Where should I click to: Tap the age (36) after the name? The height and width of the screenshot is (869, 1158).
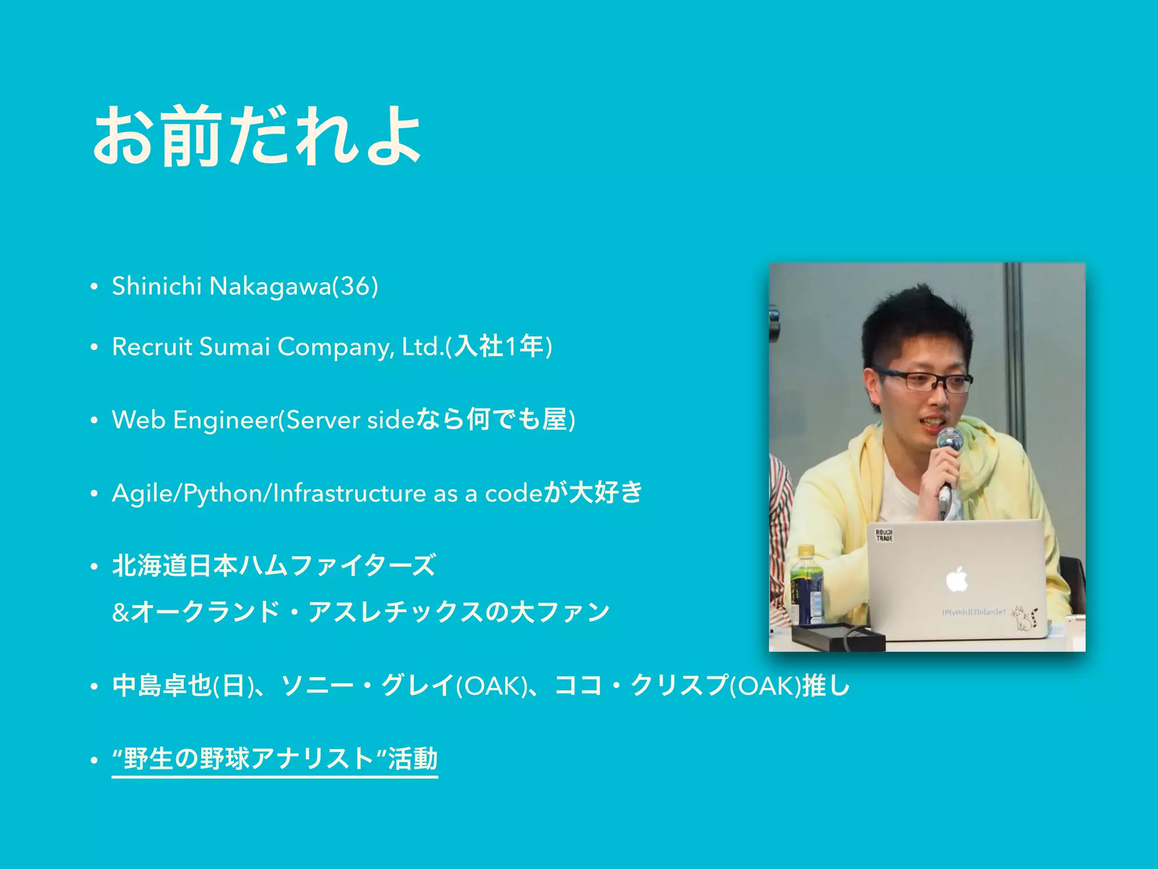pos(356,286)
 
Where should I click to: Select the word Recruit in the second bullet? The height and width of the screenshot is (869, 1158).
pos(152,347)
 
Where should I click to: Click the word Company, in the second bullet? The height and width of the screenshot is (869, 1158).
pos(336,347)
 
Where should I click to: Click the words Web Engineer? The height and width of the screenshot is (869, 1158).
pos(195,420)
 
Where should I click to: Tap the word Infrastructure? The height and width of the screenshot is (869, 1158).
pos(349,493)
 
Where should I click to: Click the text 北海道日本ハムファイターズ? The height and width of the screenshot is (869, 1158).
pos(274,566)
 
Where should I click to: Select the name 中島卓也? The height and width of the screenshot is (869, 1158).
pos(162,686)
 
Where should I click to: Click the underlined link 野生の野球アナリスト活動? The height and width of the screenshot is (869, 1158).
pos(275,759)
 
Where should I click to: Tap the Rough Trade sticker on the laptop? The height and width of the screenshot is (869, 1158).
pos(884,535)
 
